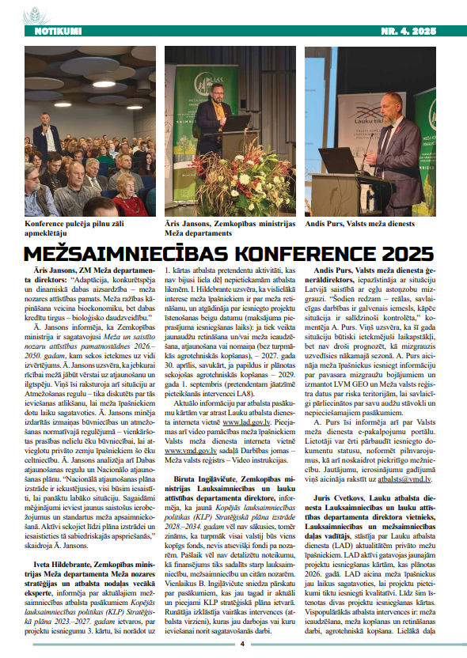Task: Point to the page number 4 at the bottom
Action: pos(241,643)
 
